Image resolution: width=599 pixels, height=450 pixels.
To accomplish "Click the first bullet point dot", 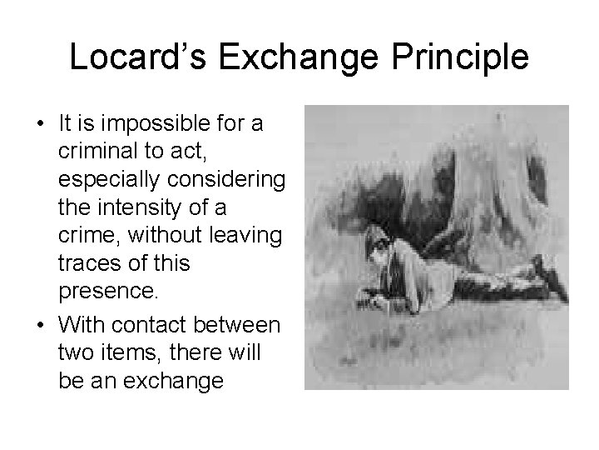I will [40, 126].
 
